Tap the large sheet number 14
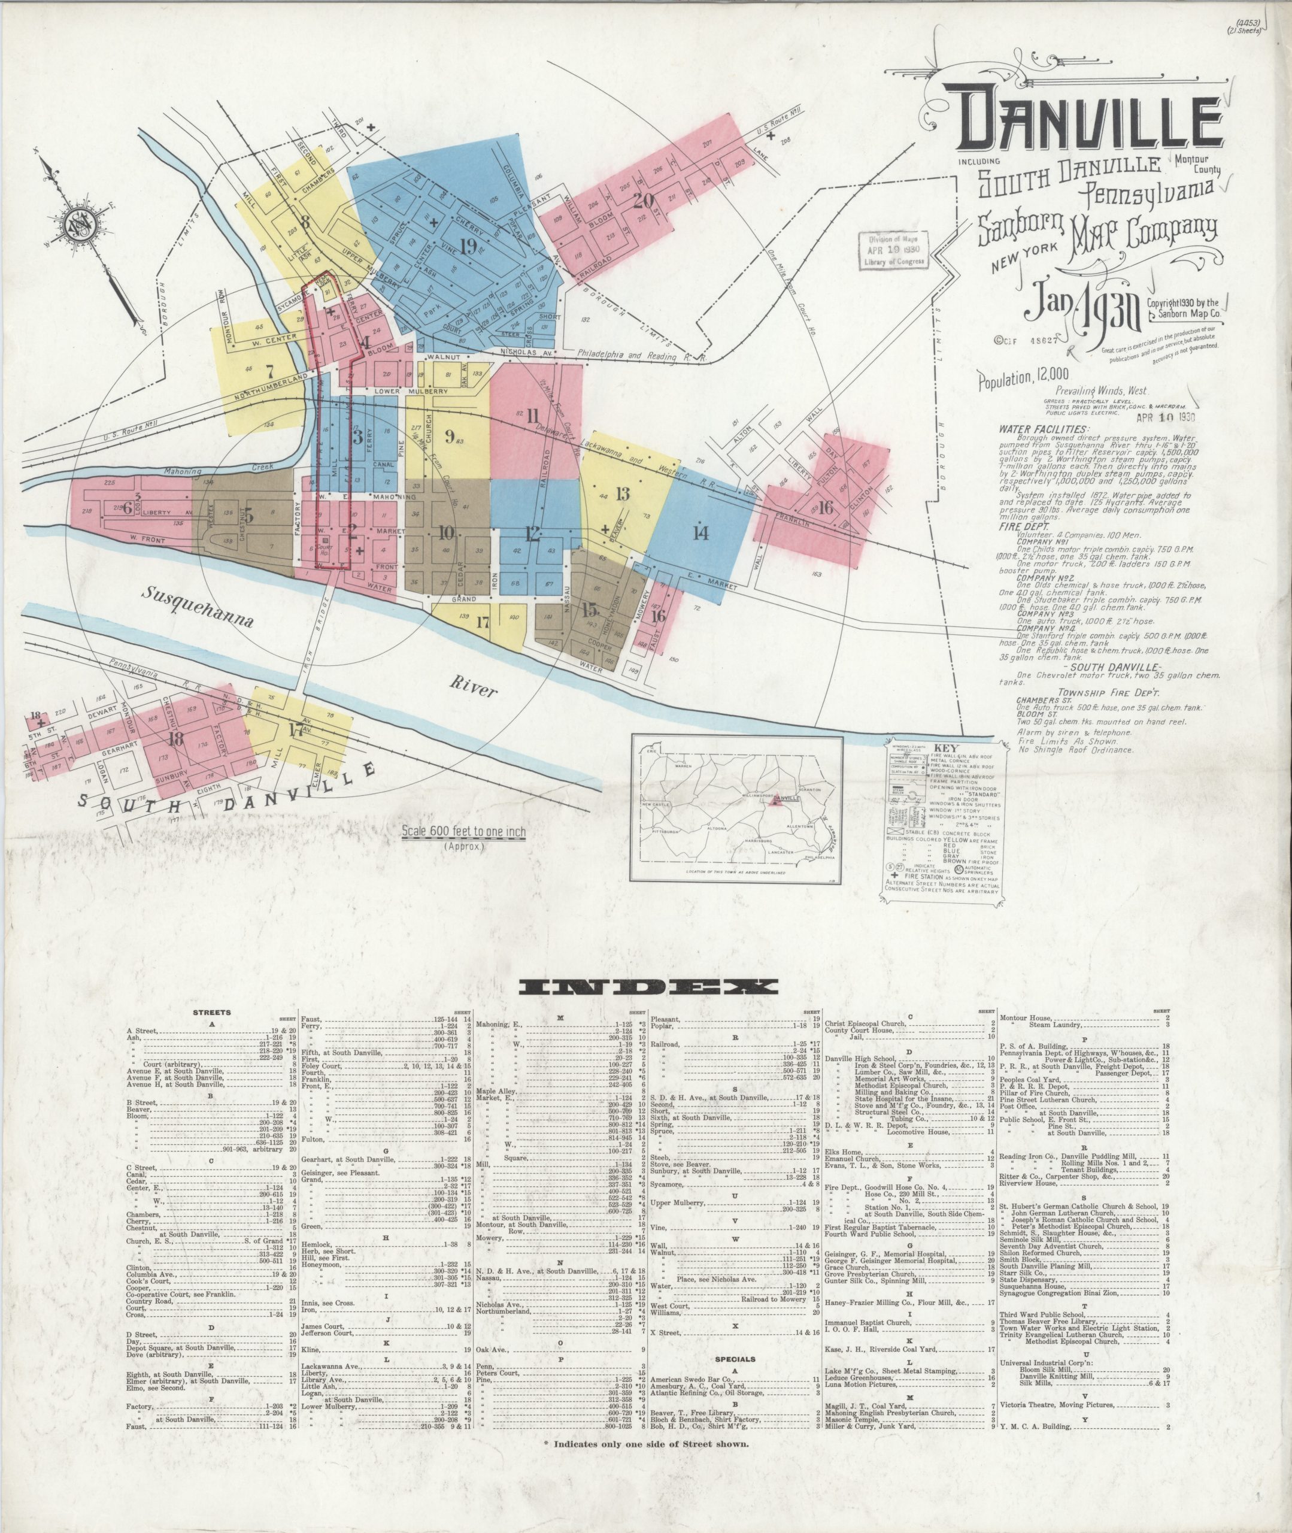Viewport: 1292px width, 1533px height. pyautogui.click(x=701, y=532)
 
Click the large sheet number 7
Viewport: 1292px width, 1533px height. pyautogui.click(x=269, y=370)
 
